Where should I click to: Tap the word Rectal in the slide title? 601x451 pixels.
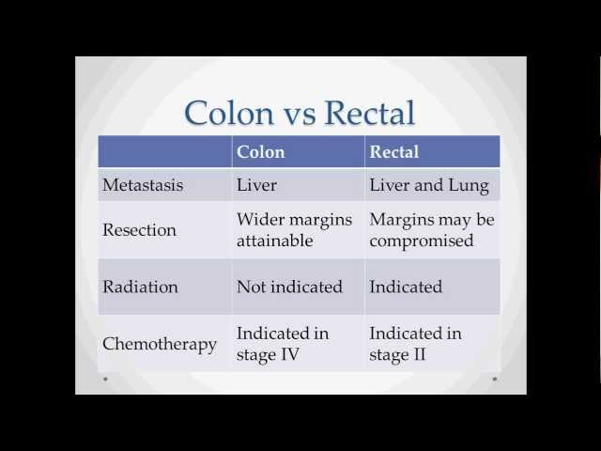coord(369,113)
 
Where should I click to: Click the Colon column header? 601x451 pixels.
coord(260,151)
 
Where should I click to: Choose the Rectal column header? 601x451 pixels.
coord(394,151)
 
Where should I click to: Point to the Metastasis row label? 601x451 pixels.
coord(143,185)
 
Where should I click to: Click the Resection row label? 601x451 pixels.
coord(140,230)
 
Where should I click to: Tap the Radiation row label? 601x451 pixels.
coord(142,287)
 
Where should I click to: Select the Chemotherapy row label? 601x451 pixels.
coord(160,343)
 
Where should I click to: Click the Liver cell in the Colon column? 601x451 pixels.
coord(256,185)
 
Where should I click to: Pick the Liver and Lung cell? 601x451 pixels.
coord(429,185)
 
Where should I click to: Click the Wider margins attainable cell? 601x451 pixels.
coord(294,230)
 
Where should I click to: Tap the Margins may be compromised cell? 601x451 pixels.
coord(431,230)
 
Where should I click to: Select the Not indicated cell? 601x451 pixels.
coord(289,287)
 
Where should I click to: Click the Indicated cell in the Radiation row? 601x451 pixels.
coord(406,287)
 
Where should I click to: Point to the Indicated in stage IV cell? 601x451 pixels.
coord(282,343)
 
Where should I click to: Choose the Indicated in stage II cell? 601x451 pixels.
coord(415,343)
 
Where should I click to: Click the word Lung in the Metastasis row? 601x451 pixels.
coord(469,186)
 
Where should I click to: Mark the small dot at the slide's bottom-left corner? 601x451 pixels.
coord(105,379)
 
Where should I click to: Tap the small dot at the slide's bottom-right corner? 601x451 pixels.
coord(495,379)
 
